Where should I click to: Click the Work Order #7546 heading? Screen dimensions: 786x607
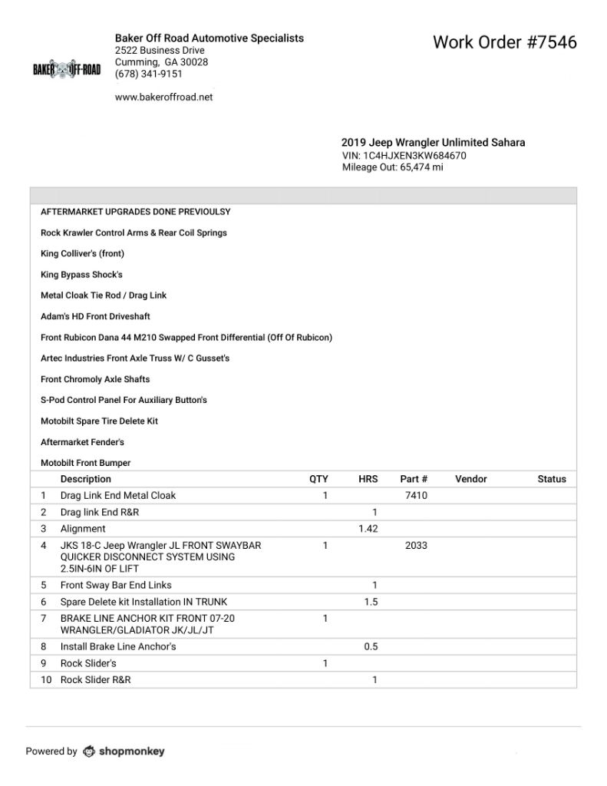click(x=504, y=41)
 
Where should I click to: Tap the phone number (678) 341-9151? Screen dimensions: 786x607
click(x=149, y=74)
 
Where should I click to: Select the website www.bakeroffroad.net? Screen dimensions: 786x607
click(x=163, y=97)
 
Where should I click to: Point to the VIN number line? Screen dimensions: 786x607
click(x=404, y=155)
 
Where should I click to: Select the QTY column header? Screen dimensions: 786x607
click(x=318, y=479)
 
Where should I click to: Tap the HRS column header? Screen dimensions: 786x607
click(x=368, y=479)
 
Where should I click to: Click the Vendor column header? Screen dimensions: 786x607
click(x=470, y=479)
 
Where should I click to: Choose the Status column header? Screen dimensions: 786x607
click(x=552, y=479)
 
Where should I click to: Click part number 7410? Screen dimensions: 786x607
click(x=416, y=496)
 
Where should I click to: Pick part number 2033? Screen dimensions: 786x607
click(x=416, y=546)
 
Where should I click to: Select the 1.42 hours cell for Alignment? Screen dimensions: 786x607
click(x=368, y=529)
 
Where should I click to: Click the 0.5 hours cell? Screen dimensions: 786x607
click(x=370, y=646)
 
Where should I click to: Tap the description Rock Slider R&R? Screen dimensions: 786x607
click(x=95, y=680)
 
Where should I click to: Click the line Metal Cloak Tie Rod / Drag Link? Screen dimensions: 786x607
click(x=104, y=296)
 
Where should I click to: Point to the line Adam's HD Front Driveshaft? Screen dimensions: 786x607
click(x=95, y=316)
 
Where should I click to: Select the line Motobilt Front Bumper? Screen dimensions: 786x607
click(x=85, y=463)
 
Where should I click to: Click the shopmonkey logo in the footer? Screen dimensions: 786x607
click(x=124, y=751)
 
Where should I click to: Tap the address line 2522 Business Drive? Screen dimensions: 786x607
click(x=160, y=51)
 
